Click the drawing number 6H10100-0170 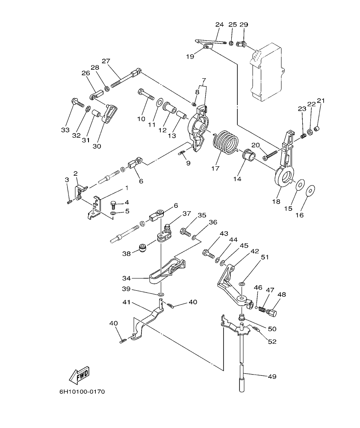(82, 391)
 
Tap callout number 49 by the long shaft (272, 376)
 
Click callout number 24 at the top (219, 24)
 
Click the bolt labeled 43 (209, 254)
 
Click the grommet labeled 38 (141, 247)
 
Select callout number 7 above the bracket (204, 80)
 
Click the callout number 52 (272, 342)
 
